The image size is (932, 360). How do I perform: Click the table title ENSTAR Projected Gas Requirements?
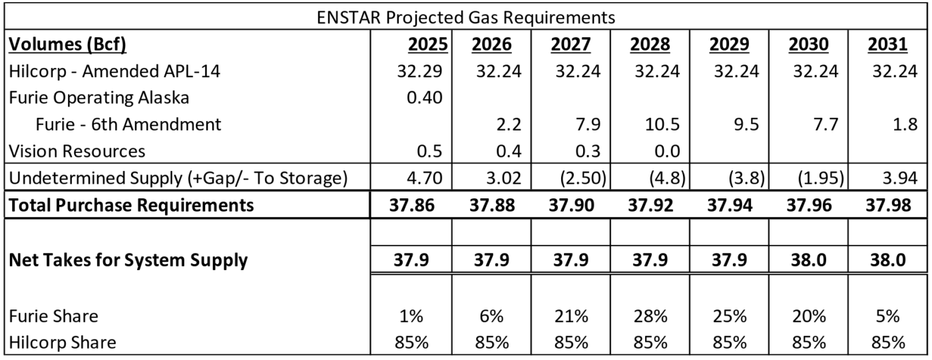click(x=465, y=17)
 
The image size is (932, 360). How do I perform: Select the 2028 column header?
click(x=650, y=45)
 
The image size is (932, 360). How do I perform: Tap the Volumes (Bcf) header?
click(x=67, y=45)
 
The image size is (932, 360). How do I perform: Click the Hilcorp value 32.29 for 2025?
click(x=419, y=71)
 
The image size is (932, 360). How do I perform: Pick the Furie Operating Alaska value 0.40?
click(x=425, y=98)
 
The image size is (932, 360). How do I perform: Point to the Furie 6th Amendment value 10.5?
click(x=662, y=124)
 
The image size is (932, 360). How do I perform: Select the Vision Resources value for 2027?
click(x=588, y=151)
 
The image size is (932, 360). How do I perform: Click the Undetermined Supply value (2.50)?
click(x=582, y=178)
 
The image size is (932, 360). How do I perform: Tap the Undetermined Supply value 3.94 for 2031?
click(x=899, y=178)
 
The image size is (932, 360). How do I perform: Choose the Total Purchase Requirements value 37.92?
click(x=650, y=205)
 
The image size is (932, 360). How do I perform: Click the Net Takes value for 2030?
click(x=808, y=260)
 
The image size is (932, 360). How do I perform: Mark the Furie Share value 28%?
click(x=650, y=316)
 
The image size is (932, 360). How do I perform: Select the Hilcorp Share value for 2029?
click(x=730, y=343)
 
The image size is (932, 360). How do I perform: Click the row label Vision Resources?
click(x=77, y=151)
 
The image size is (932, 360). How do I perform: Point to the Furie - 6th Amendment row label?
click(x=128, y=124)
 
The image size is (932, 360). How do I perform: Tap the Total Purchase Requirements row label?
click(x=131, y=205)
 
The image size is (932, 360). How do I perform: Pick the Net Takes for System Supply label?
click(x=128, y=260)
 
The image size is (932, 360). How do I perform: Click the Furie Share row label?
click(x=53, y=316)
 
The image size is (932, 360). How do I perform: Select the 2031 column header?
click(x=887, y=45)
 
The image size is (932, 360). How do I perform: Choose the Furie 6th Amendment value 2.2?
click(x=509, y=124)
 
